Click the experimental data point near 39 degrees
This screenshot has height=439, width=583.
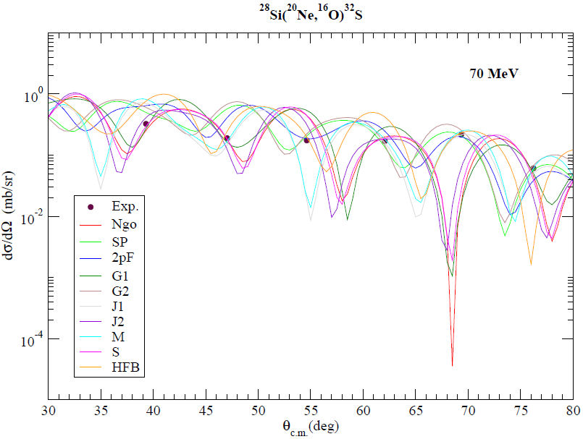click(146, 124)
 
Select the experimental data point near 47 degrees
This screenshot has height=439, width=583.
click(227, 138)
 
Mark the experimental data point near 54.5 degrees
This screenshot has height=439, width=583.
click(306, 140)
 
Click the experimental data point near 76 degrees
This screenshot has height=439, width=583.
click(533, 169)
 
